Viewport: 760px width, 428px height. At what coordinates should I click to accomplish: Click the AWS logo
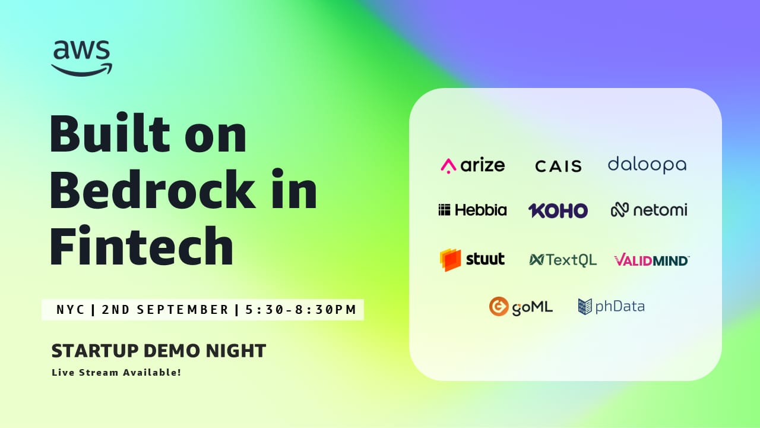coord(81,58)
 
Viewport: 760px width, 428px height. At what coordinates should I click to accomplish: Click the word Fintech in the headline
coord(142,245)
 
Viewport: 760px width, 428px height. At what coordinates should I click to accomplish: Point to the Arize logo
coord(473,166)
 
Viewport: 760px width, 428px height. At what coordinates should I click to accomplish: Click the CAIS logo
coord(559,166)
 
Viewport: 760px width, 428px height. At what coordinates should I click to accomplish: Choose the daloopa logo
coord(647,165)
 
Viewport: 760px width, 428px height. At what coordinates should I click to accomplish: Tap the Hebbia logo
coord(473,210)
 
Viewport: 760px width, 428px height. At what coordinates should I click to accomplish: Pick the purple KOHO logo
coord(558,210)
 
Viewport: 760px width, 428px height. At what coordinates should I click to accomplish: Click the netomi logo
coord(649,210)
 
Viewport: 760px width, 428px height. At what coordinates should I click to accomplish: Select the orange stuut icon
coord(450,260)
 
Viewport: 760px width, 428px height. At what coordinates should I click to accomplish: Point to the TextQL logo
coord(563,260)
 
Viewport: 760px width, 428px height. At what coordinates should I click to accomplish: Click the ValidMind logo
coord(651,260)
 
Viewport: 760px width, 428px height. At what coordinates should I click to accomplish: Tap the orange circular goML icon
coord(499,306)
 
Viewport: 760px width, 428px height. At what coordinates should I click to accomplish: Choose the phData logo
coord(612,306)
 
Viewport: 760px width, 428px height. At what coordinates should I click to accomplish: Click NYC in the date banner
coord(71,310)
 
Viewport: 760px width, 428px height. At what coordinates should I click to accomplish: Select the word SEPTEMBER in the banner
coord(182,310)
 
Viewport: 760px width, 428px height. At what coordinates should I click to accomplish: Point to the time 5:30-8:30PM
coord(301,310)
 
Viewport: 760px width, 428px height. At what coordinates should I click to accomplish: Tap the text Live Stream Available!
coord(116,372)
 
